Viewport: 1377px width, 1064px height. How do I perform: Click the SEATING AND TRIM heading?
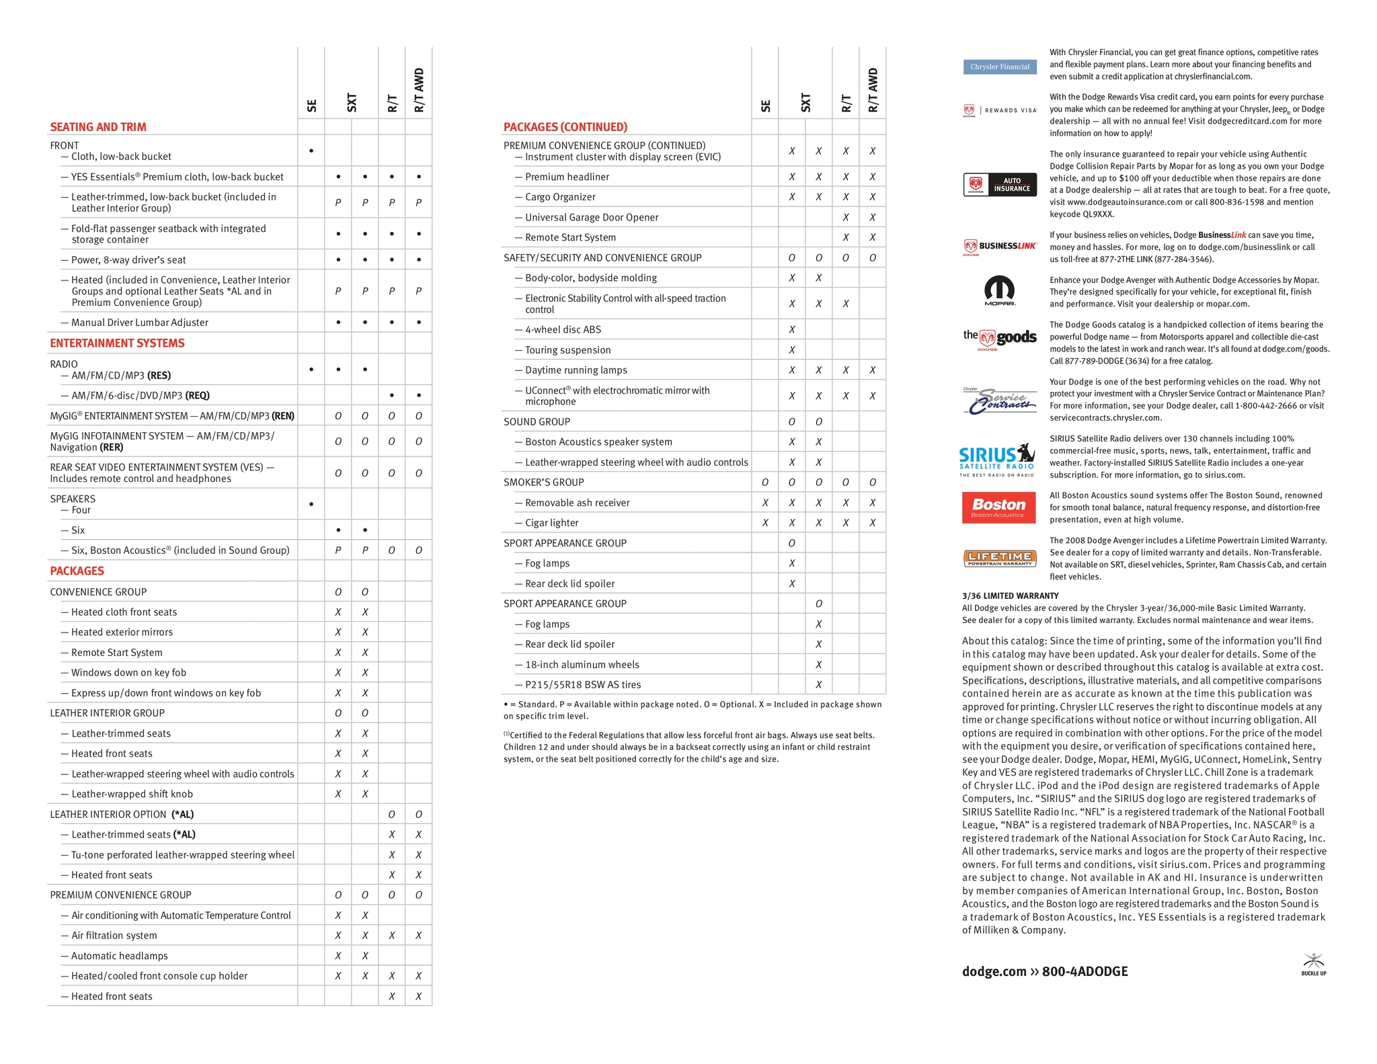[x=98, y=127]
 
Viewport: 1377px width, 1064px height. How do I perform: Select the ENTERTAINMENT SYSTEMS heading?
[x=117, y=343]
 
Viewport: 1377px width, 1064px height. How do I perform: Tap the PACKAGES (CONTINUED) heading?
[x=565, y=127]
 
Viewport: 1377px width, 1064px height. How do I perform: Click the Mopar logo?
[x=999, y=290]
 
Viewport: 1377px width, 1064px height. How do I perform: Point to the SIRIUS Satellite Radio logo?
[x=997, y=460]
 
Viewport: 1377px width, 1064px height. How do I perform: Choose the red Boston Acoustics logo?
[x=998, y=507]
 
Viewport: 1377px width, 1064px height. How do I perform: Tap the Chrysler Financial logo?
[x=999, y=67]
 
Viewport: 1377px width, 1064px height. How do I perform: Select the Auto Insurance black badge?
[x=999, y=185]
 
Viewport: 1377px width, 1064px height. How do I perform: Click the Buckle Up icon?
[x=1313, y=964]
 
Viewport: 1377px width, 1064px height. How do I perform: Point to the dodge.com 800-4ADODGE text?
[x=1045, y=971]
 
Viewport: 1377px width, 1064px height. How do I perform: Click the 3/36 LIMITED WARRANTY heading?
[x=1010, y=596]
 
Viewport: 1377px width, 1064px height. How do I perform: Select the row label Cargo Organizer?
[x=560, y=197]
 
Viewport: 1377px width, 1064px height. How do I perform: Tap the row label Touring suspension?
[x=567, y=350]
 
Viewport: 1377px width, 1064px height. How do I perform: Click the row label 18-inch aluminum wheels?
[x=582, y=665]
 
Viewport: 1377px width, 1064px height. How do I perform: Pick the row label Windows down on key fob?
[x=128, y=673]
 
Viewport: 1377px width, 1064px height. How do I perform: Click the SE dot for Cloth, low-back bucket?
[x=311, y=151]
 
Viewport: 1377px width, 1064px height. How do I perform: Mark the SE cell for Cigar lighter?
[x=764, y=523]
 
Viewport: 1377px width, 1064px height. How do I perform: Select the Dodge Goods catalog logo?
[x=999, y=338]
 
